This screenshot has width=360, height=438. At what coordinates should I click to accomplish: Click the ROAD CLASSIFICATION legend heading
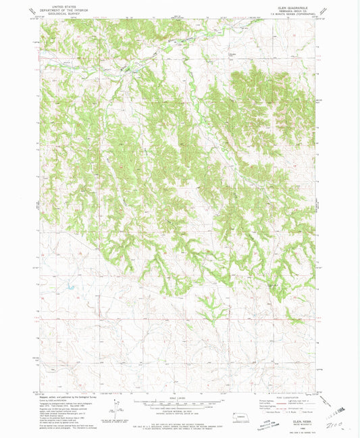(288, 397)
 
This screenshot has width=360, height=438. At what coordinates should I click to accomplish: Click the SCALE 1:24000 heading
(180, 397)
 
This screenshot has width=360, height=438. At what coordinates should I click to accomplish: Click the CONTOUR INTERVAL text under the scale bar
(180, 411)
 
